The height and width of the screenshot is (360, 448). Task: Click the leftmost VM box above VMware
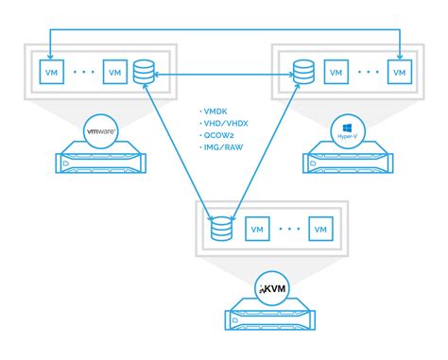point(46,72)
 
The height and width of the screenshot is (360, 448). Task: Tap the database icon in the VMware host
point(145,72)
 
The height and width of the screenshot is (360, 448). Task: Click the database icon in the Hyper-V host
point(303,72)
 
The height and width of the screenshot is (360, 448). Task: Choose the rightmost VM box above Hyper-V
point(402,72)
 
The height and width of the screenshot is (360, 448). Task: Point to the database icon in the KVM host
point(222,229)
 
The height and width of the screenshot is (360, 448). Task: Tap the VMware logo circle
point(103,130)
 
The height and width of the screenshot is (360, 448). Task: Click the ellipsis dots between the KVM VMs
point(287,229)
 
